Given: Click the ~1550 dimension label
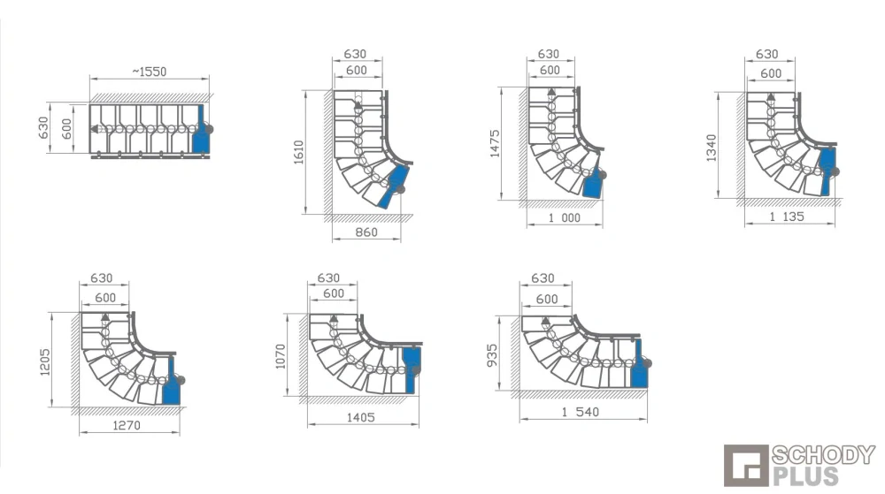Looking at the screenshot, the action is coord(150,72).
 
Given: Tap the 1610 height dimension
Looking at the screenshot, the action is coord(298,152).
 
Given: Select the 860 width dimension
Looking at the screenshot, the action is coord(366,232).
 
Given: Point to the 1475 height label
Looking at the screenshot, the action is coord(495,144).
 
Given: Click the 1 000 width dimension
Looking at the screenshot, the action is coord(565,218).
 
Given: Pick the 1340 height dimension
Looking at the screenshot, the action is coord(712,148).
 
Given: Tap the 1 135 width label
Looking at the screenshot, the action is coord(787,217).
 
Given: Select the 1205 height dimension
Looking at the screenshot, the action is coord(45,362).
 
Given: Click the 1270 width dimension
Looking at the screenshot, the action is coord(127,425).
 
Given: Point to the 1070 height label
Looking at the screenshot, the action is coord(281,356).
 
